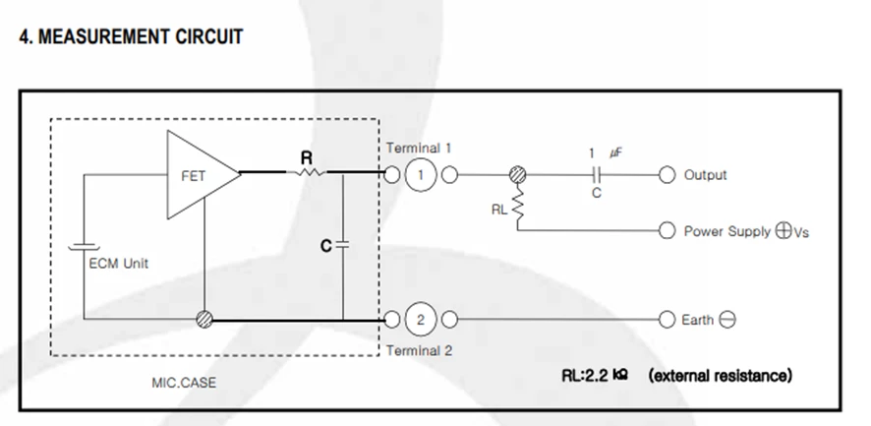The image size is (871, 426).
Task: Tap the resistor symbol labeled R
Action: [307, 172]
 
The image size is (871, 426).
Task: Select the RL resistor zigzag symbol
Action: [518, 205]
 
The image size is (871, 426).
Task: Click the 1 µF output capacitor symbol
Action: [597, 175]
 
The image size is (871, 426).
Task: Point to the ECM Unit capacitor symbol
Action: [84, 246]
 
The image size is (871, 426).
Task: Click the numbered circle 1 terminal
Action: [421, 175]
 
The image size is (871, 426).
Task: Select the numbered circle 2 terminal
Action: [421, 320]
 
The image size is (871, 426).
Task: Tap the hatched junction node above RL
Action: [518, 174]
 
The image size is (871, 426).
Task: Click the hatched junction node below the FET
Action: [204, 319]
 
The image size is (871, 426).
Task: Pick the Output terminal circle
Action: [667, 175]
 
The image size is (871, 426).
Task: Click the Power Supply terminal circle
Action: [667, 230]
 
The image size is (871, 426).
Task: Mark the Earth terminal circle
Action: [667, 320]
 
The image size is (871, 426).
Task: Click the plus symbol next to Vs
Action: [784, 231]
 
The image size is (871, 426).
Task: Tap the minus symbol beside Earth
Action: [727, 320]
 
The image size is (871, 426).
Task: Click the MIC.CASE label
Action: [184, 383]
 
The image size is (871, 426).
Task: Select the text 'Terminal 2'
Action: [420, 351]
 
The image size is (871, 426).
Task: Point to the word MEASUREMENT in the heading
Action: [103, 36]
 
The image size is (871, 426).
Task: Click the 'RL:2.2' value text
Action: [585, 376]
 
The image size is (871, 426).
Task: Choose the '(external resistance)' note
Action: [721, 376]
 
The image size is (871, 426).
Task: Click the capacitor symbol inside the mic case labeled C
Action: [343, 245]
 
